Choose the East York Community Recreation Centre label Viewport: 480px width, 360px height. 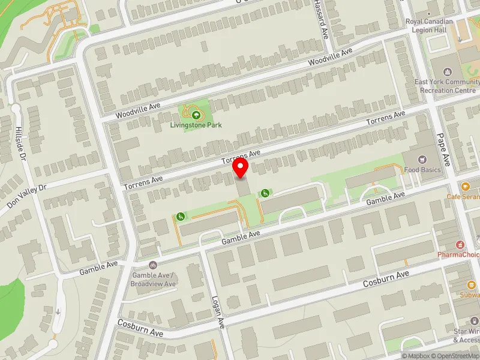pos(445,86)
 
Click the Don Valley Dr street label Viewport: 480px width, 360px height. pos(27,196)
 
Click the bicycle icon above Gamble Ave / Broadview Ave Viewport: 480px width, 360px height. pos(153,265)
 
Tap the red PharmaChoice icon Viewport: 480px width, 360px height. pos(461,244)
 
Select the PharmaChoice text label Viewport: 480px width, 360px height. pos(459,255)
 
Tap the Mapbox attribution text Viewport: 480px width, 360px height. pos(416,356)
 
